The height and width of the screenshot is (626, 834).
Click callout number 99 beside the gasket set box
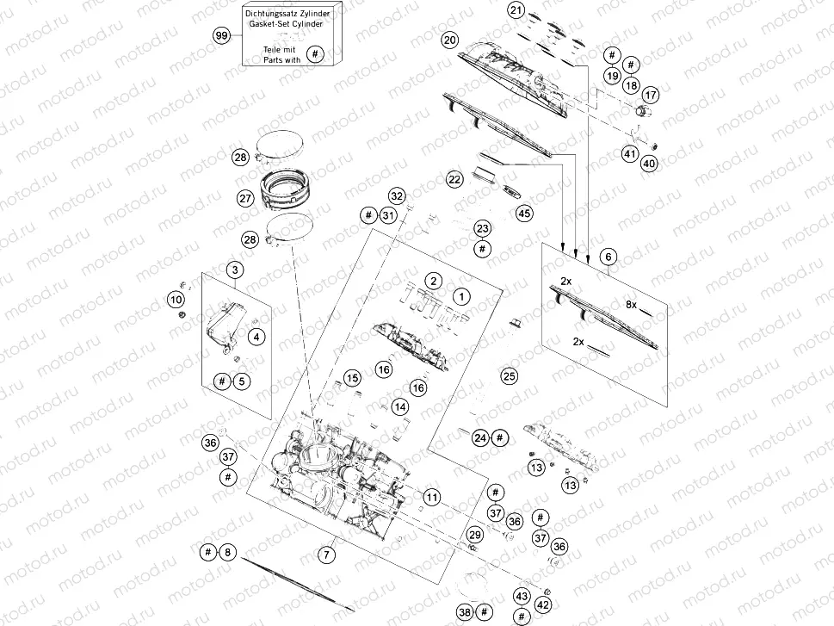[x=222, y=35]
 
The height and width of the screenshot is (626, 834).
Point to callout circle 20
[x=449, y=40]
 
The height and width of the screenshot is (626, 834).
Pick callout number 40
[x=649, y=163]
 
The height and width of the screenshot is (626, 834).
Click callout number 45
[x=523, y=213]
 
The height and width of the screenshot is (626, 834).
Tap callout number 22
[x=454, y=179]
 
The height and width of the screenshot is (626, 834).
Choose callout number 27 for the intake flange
[x=245, y=198]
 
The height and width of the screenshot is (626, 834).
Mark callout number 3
[x=234, y=270]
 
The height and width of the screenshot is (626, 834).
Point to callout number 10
[x=176, y=299]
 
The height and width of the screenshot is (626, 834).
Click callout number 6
[x=608, y=257]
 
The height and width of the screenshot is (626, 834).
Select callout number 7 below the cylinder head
[x=327, y=555]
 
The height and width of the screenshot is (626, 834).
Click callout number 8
[x=227, y=552]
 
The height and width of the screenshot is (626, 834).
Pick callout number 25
[x=510, y=376]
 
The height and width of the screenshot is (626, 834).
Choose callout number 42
[x=543, y=604]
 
